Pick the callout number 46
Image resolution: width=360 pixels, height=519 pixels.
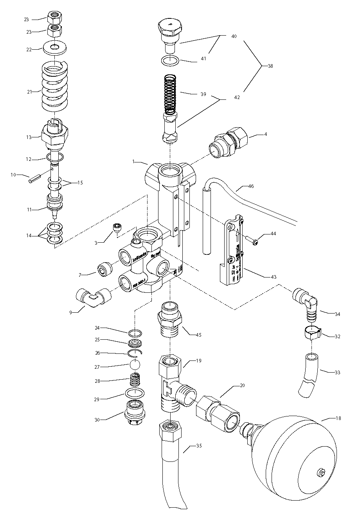pyautogui.click(x=251, y=186)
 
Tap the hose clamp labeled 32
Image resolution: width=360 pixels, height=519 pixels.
pyautogui.click(x=312, y=333)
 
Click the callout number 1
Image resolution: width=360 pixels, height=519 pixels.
pyautogui.click(x=134, y=162)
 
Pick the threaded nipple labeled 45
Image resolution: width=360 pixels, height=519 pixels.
pyautogui.click(x=170, y=316)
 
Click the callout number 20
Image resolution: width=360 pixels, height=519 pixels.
pyautogui.click(x=242, y=385)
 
